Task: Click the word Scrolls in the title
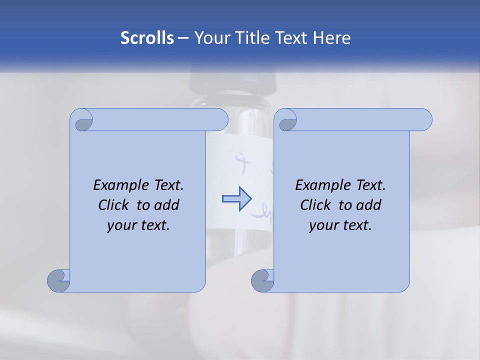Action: coord(147,38)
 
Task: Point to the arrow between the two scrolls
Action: coord(236,198)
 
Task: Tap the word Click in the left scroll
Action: coord(114,205)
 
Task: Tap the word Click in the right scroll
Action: coord(316,205)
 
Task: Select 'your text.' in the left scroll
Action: coord(138,225)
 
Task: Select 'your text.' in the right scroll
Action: coord(340,225)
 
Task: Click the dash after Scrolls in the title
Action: coord(183,38)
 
